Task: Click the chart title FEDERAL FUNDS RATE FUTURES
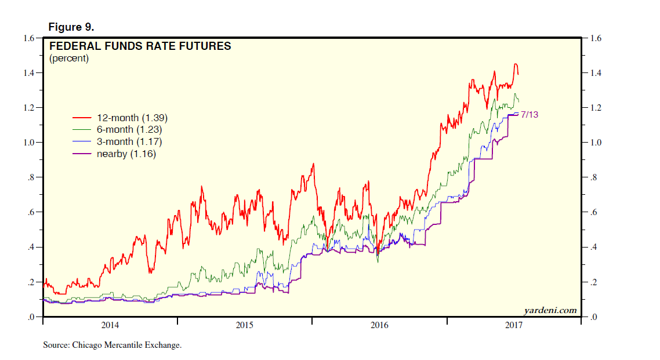pos(140,46)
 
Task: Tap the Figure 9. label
pos(71,27)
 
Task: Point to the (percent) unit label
pos(69,58)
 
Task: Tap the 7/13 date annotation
pos(529,115)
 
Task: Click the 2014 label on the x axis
pos(110,325)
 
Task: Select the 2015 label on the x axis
pos(245,325)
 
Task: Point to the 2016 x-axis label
pos(379,325)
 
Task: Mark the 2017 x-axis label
pos(513,325)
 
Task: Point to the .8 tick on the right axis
pos(593,178)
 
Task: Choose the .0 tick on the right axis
pos(593,318)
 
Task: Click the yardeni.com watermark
pos(550,310)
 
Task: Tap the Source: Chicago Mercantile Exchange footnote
pos(113,345)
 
